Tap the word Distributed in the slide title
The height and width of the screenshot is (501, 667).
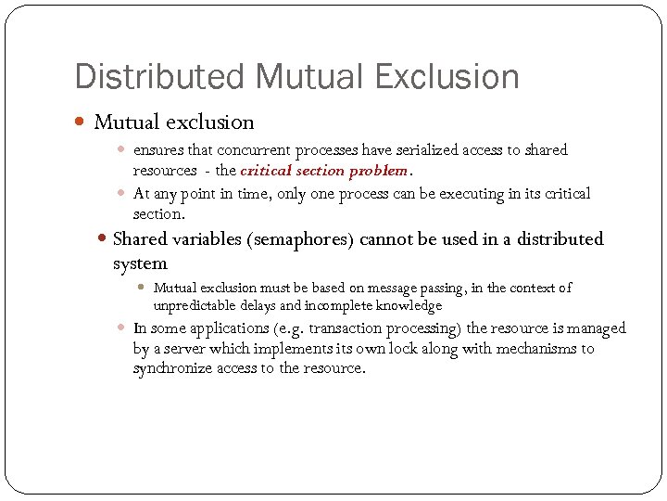coord(145,76)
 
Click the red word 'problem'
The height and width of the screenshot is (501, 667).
coord(380,171)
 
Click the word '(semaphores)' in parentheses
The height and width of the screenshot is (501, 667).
coord(301,239)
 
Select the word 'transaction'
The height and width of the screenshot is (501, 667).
coord(347,328)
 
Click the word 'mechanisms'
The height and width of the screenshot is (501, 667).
coord(537,349)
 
